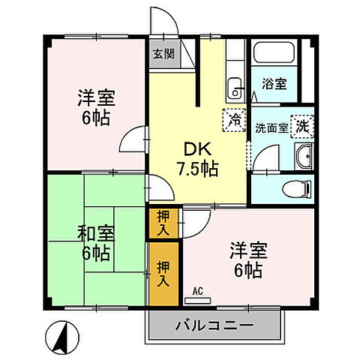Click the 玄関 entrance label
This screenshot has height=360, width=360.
pyautogui.click(x=163, y=54)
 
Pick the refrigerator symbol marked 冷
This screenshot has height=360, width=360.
pyautogui.click(x=234, y=118)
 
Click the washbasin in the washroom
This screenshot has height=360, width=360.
pyautogui.click(x=305, y=157)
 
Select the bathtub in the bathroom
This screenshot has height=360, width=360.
pyautogui.click(x=274, y=54)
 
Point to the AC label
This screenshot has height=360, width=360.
pyautogui.click(x=198, y=290)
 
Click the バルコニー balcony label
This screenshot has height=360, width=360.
pyautogui.click(x=214, y=326)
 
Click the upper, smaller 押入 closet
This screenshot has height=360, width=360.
pyautogui.click(x=163, y=222)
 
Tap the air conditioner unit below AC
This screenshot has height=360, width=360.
pyautogui.click(x=199, y=298)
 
